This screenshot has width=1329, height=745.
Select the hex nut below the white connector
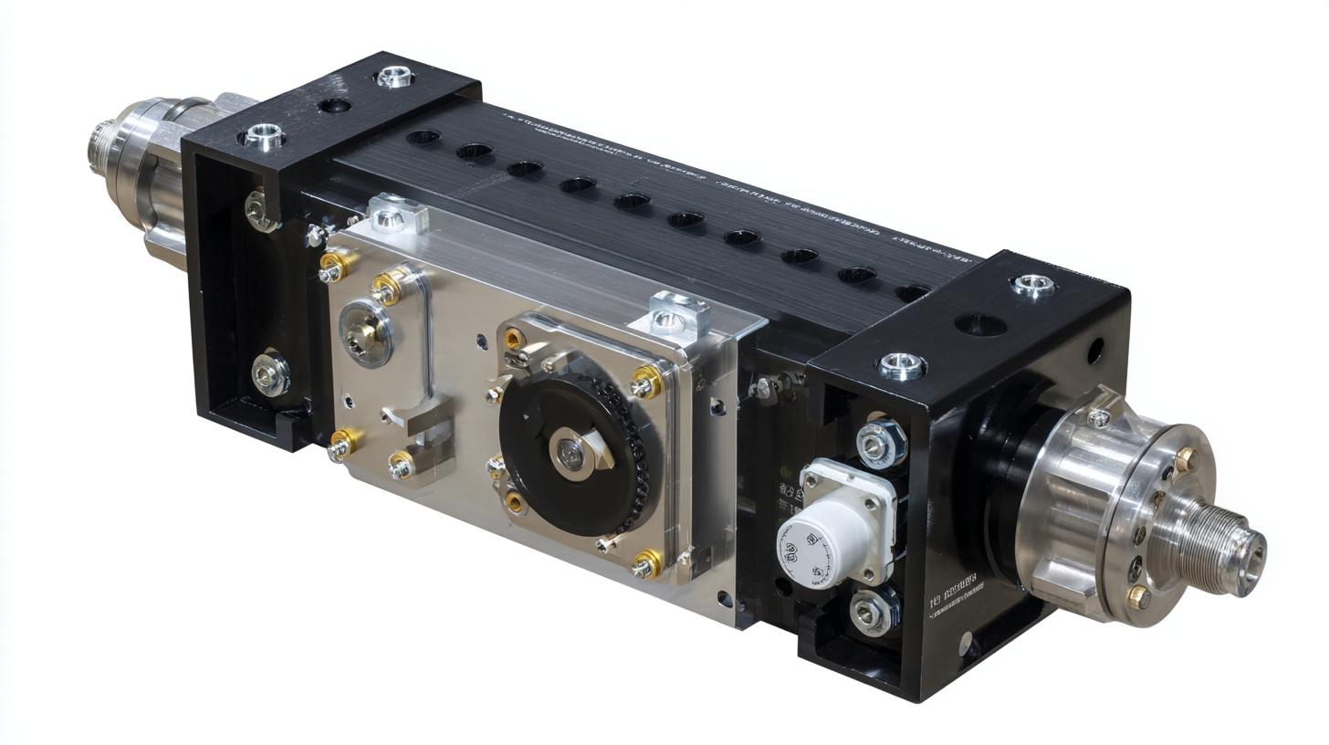(x=871, y=610)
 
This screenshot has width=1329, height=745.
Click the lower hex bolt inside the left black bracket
(x=271, y=373)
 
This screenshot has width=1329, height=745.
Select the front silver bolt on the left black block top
(x=265, y=137)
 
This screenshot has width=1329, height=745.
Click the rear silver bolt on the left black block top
(x=395, y=77)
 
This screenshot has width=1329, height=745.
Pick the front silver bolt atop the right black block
(x=903, y=366)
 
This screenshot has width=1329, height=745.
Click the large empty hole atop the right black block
(x=979, y=323)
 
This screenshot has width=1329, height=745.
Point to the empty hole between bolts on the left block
(x=334, y=106)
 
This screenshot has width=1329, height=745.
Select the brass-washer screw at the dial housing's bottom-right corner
(x=646, y=564)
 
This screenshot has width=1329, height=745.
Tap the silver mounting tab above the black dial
(x=679, y=313)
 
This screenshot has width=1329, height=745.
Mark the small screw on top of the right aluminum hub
(x=1099, y=418)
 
